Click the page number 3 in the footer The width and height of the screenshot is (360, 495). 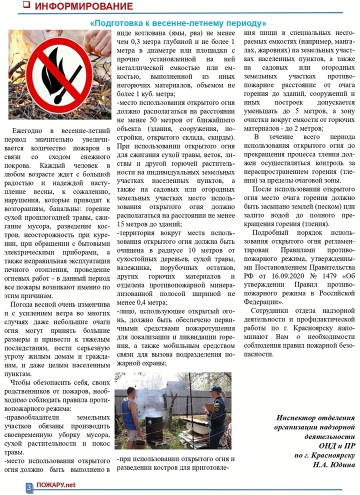[x=29, y=486]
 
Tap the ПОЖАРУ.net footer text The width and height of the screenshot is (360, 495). [x=56, y=485]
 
